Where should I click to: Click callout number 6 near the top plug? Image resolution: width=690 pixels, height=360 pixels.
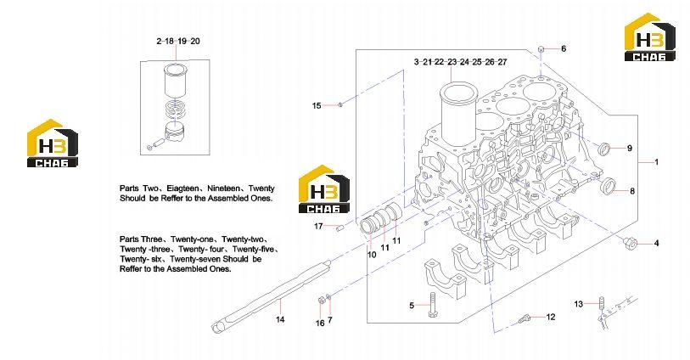pyautogui.click(x=564, y=48)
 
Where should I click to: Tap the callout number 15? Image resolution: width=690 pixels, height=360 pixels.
pyautogui.click(x=317, y=105)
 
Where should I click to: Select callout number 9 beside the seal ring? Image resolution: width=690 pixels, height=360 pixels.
pyautogui.click(x=629, y=149)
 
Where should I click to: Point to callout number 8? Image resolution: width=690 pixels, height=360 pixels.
pyautogui.click(x=632, y=191)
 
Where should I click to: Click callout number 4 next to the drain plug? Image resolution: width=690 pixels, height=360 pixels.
pyautogui.click(x=657, y=243)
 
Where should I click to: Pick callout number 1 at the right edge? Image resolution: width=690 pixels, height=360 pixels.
pyautogui.click(x=657, y=162)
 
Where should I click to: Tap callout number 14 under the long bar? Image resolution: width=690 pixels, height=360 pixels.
pyautogui.click(x=280, y=319)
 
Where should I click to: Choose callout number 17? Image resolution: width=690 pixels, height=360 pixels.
pyautogui.click(x=318, y=226)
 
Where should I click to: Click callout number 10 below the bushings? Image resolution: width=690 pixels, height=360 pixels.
pyautogui.click(x=372, y=255)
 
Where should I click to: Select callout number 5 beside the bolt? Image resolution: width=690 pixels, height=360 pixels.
pyautogui.click(x=412, y=305)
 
